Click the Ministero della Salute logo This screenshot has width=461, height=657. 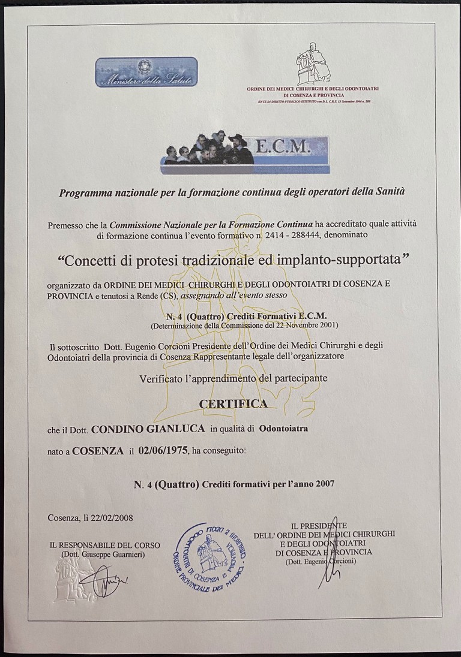tap(146, 72)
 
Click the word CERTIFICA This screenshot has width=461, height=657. tap(233, 403)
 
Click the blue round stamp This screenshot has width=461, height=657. tap(209, 552)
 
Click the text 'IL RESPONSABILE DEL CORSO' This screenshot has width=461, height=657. tap(105, 545)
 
